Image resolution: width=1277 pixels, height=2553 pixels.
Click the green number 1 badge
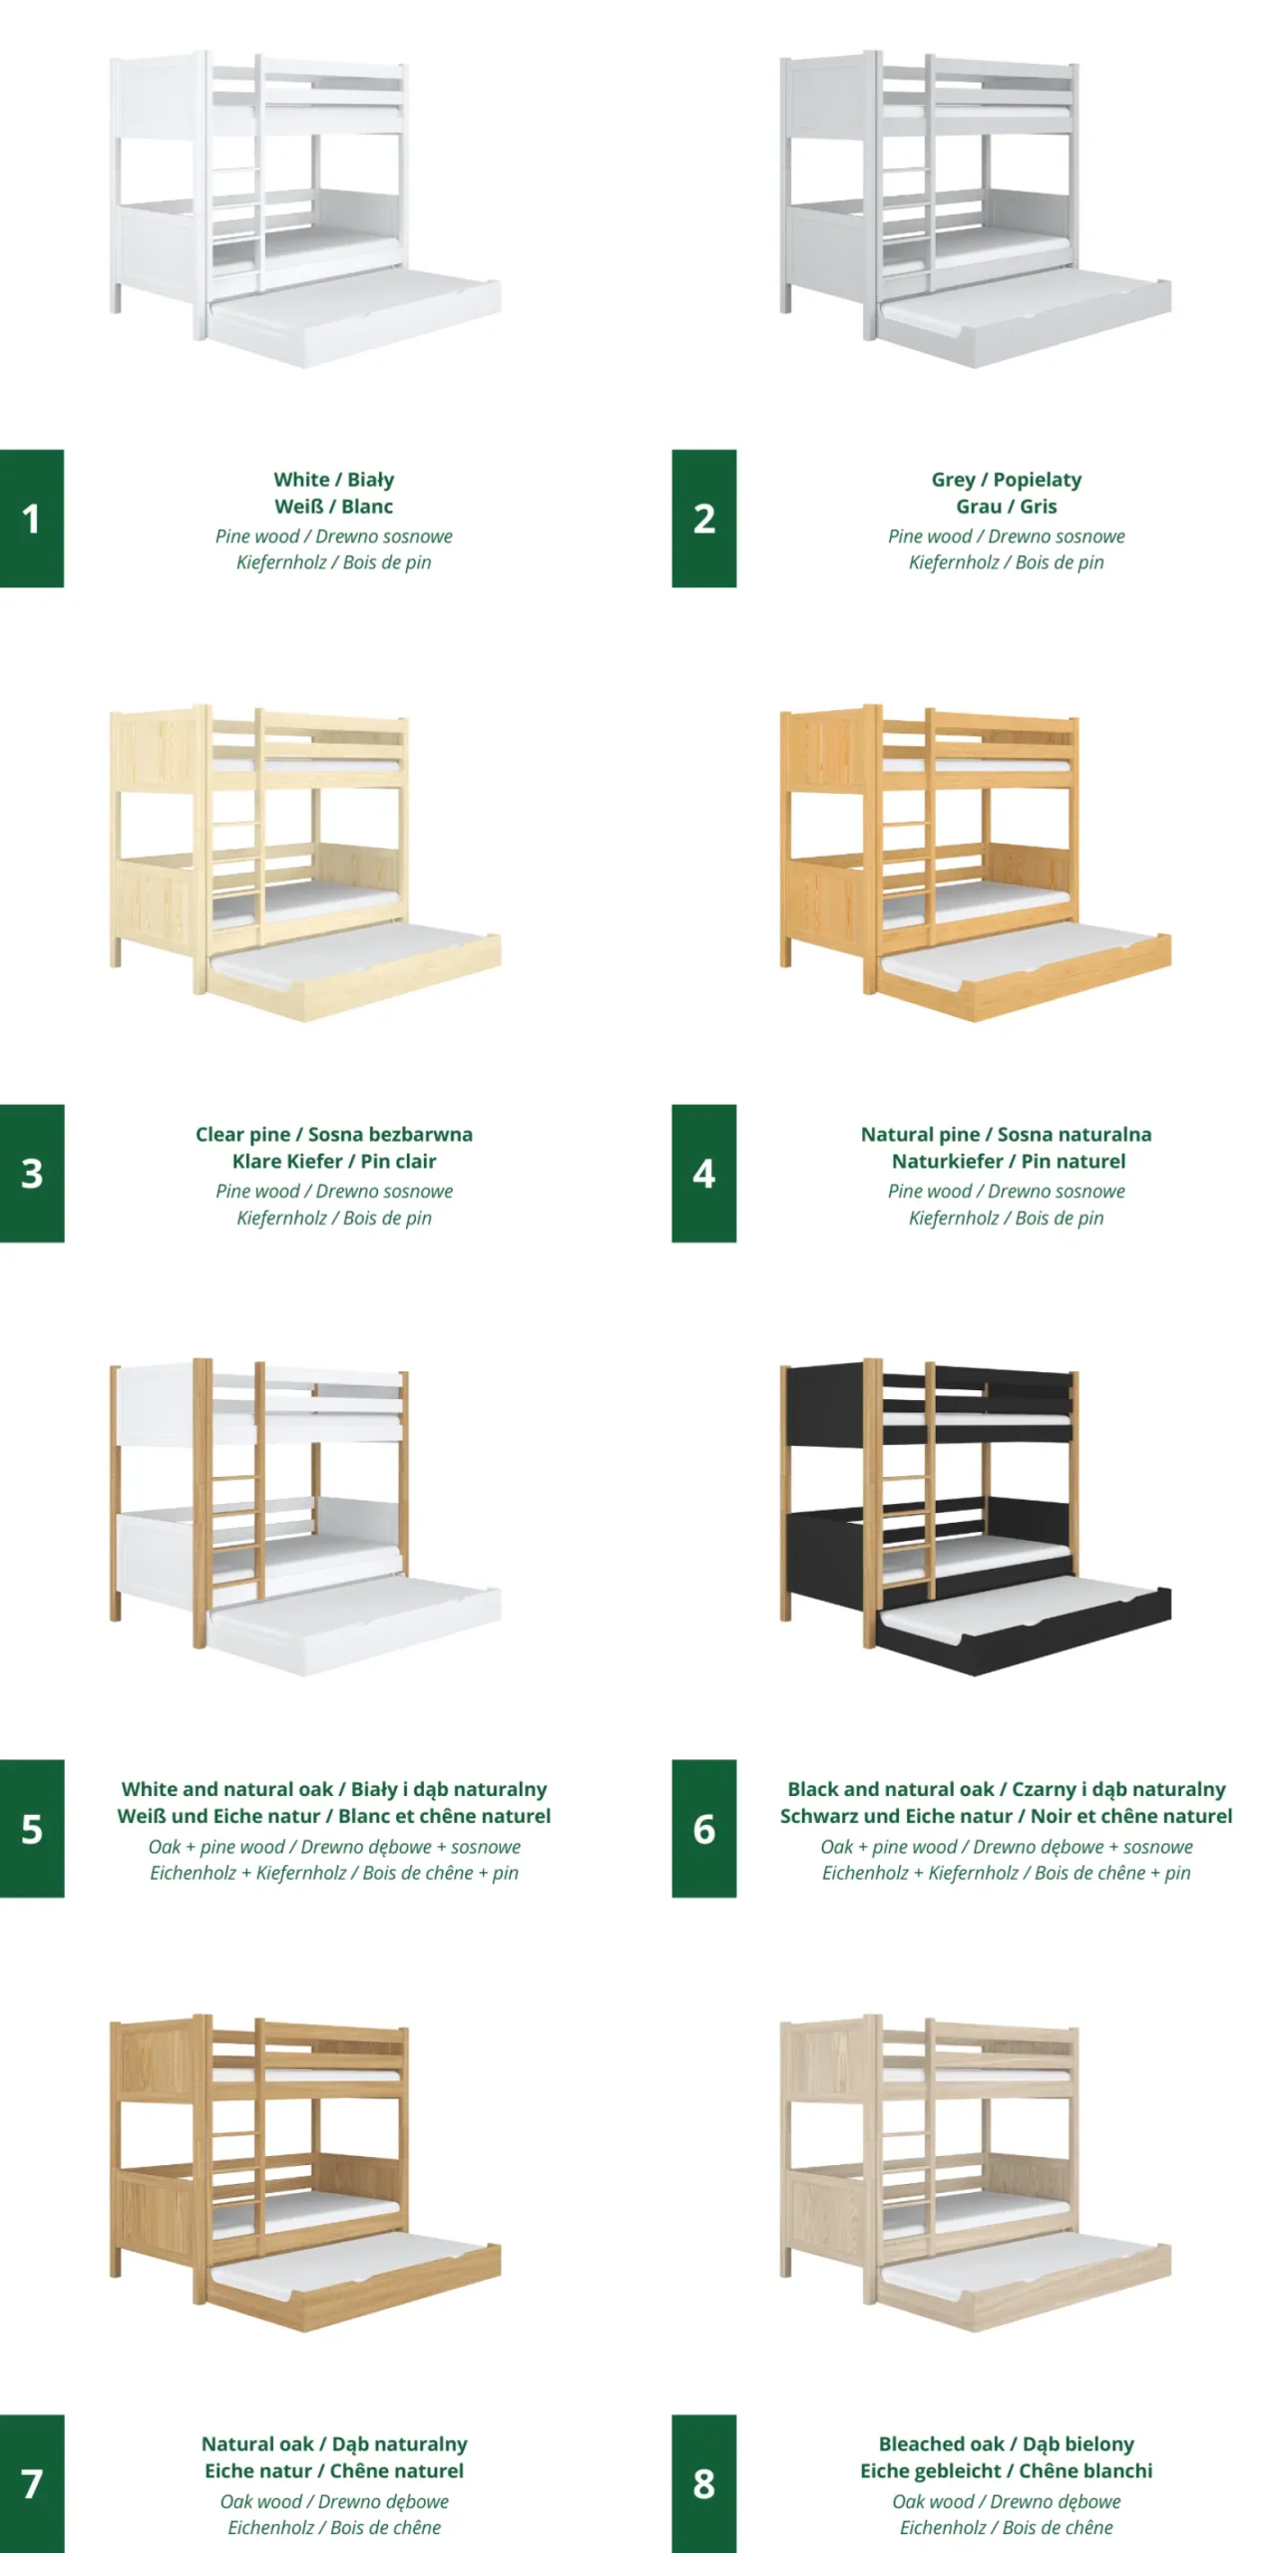(x=32, y=518)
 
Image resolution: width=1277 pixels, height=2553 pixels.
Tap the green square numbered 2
(x=703, y=518)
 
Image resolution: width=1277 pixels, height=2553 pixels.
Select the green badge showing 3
(x=32, y=1173)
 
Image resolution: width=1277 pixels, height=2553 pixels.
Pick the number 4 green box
(x=703, y=1173)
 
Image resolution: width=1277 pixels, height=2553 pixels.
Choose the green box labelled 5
(x=32, y=1828)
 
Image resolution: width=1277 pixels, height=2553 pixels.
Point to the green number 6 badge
(x=703, y=1828)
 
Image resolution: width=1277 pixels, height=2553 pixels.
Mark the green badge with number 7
(x=32, y=2483)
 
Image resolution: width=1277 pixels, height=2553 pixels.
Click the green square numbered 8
(x=703, y=2483)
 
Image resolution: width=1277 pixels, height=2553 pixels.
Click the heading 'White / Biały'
(x=334, y=480)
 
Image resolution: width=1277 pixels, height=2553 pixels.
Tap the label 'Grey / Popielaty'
(x=1006, y=480)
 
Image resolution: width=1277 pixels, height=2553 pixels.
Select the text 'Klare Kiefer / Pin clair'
(x=334, y=1161)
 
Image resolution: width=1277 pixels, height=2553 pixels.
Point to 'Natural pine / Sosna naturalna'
(x=1006, y=1135)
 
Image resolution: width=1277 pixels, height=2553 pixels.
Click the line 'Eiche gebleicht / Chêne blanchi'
(x=1006, y=2471)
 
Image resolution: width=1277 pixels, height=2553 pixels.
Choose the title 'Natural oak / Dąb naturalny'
(x=334, y=2445)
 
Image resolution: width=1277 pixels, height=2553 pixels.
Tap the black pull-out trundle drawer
(x=1025, y=1627)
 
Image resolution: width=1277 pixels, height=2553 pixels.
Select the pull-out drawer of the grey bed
(x=1025, y=318)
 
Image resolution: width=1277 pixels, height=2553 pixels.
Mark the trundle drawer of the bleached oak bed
(x=1025, y=2282)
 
